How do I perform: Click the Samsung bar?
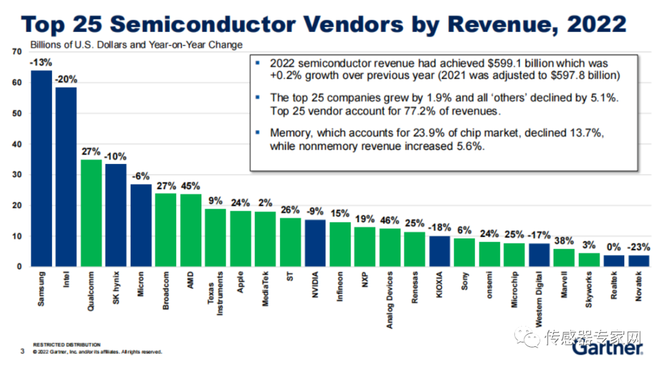42,169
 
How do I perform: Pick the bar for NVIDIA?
315,243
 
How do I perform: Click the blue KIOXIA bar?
440,251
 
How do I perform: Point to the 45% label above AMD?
191,186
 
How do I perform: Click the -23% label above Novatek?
638,247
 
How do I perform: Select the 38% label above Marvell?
564,241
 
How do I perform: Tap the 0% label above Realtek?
613,247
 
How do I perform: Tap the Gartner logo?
608,349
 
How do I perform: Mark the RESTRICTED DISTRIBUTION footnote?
67,345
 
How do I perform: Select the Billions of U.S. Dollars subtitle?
136,44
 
